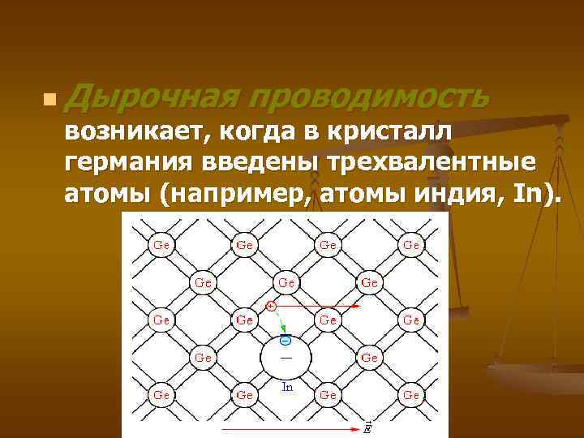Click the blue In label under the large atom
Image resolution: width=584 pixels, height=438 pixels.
coord(287,387)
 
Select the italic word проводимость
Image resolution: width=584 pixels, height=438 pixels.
coord(369,98)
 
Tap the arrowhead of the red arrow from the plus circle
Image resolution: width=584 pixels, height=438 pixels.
coord(356,307)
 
